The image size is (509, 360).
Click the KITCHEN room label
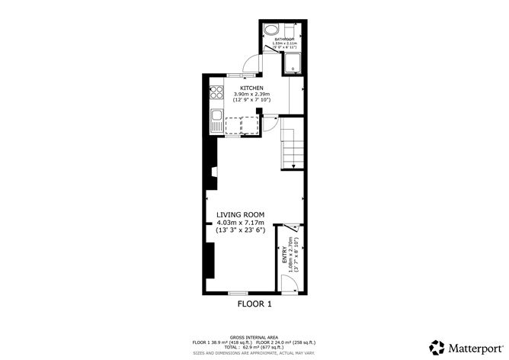(x=253, y=88)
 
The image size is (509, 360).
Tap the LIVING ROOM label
(x=240, y=215)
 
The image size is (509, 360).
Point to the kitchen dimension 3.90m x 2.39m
(x=253, y=94)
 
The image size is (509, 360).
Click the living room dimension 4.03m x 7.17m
(x=240, y=223)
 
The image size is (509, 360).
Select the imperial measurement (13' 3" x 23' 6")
(x=240, y=230)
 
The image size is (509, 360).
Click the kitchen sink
(x=216, y=120)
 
